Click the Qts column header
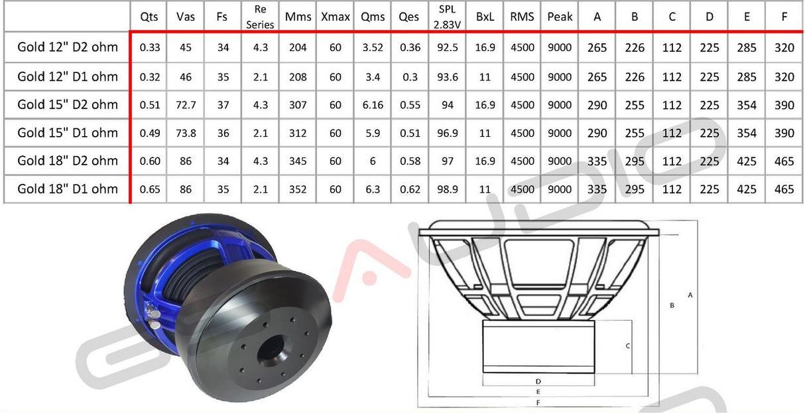coord(149,17)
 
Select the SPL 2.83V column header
coord(447,17)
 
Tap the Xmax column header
coord(336,17)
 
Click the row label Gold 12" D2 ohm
coord(68,47)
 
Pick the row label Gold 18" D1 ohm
coord(68,189)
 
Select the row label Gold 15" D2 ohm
coord(68,104)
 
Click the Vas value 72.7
coord(186,105)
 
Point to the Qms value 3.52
coord(373,48)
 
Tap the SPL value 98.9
coord(448,189)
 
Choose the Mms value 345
coord(298,161)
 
